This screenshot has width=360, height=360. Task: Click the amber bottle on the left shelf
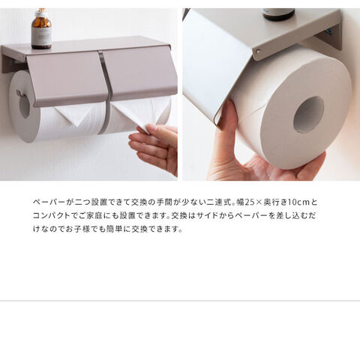(x=41, y=29)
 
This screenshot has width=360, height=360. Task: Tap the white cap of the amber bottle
(x=41, y=13)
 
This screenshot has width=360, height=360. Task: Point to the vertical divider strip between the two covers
(x=105, y=92)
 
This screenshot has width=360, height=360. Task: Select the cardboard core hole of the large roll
(x=308, y=115)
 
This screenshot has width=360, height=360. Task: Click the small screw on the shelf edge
(x=257, y=52)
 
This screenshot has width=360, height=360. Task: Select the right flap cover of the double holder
(x=140, y=73)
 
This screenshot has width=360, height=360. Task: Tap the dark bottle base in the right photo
(x=278, y=14)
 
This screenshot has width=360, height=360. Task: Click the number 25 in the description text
(x=248, y=202)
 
